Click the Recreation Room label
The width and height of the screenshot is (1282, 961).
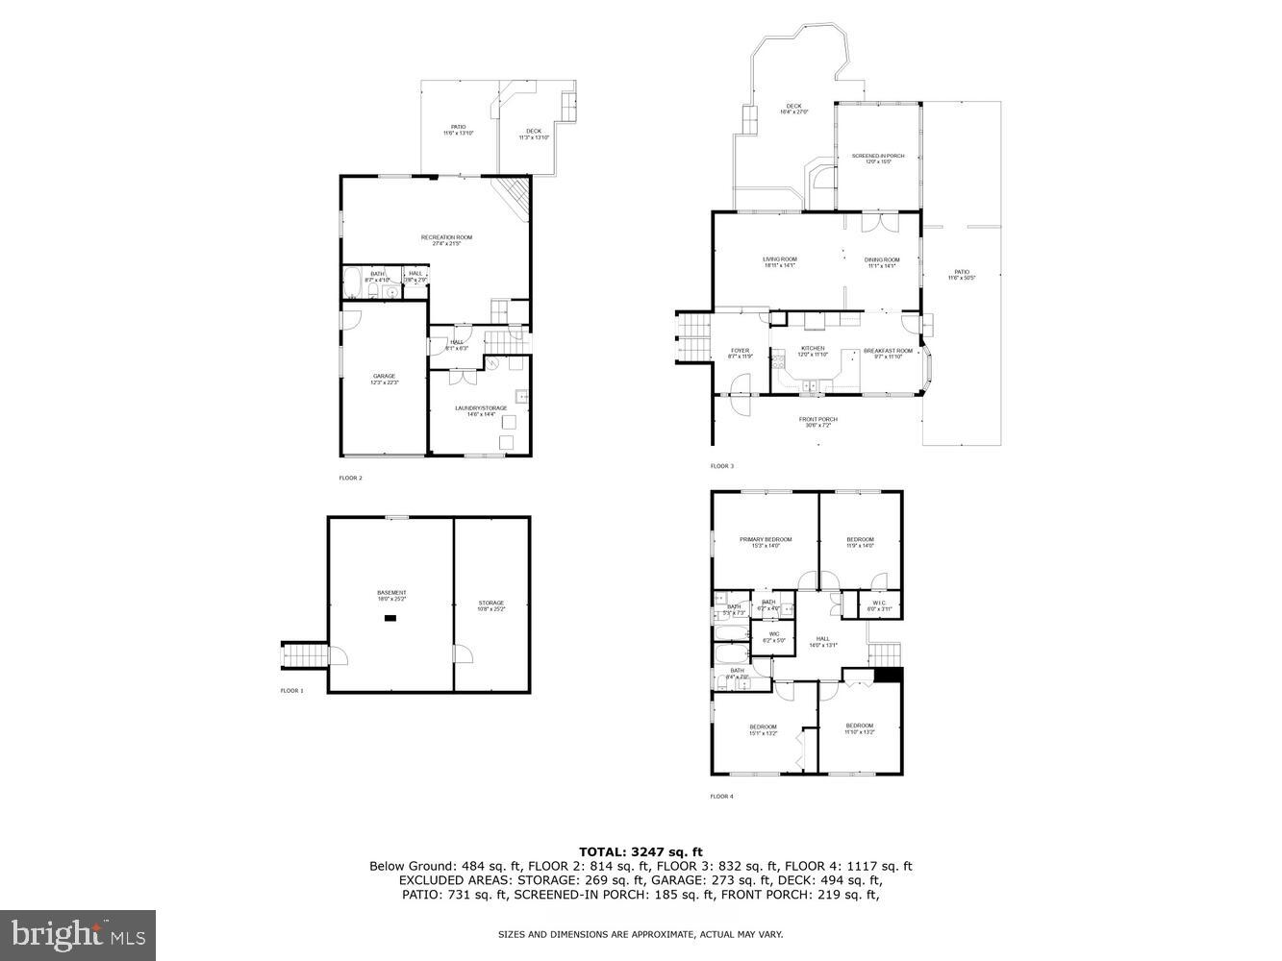pyautogui.click(x=446, y=237)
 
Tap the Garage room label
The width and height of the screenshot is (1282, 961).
pyautogui.click(x=384, y=376)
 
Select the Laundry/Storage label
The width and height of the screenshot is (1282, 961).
pyautogui.click(x=481, y=408)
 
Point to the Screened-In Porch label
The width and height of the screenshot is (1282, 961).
pyautogui.click(x=878, y=156)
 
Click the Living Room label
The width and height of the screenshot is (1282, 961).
pyautogui.click(x=780, y=259)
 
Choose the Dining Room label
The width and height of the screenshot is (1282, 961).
pyautogui.click(x=881, y=259)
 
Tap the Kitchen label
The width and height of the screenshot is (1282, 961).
pyautogui.click(x=813, y=349)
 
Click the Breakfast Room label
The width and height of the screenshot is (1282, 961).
pyautogui.click(x=888, y=351)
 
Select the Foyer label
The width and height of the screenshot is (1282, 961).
pyautogui.click(x=740, y=351)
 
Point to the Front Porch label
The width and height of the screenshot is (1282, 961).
pyautogui.click(x=817, y=419)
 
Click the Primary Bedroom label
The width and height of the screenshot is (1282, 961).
pyautogui.click(x=766, y=540)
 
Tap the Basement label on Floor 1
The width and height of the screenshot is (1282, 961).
pyautogui.click(x=391, y=593)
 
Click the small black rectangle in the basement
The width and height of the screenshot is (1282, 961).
pyautogui.click(x=390, y=619)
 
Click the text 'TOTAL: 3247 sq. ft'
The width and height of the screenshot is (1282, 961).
pyautogui.click(x=641, y=851)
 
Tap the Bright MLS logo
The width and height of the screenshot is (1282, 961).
pyautogui.click(x=78, y=933)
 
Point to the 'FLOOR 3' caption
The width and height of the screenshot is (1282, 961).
pyautogui.click(x=721, y=466)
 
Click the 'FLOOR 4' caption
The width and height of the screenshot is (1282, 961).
pyautogui.click(x=721, y=796)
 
